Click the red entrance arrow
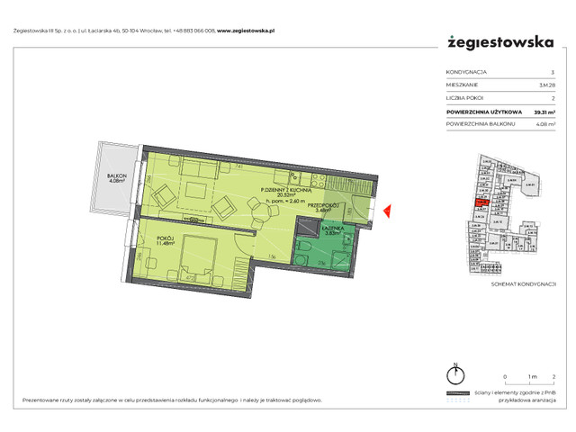coord(385,212)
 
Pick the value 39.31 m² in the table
coord(544,112)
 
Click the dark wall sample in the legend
coord(459,395)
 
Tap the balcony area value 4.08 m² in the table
coord(544,124)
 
